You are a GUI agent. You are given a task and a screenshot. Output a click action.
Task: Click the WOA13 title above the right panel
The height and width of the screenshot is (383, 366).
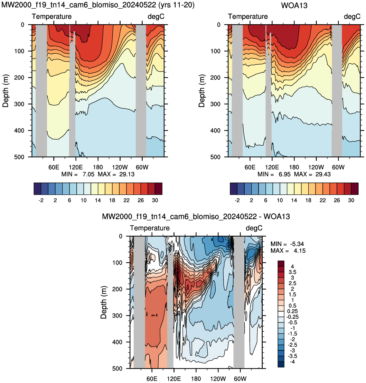[294, 5]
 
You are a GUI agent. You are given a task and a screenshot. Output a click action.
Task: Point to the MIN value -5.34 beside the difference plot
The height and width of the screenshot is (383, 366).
[297, 244]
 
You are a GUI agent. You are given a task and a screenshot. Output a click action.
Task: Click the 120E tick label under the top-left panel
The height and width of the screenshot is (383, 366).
[76, 167]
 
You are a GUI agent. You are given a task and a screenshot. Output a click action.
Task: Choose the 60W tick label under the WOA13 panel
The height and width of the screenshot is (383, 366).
[338, 167]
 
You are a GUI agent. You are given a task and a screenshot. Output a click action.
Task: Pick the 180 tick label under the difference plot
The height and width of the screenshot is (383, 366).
[196, 379]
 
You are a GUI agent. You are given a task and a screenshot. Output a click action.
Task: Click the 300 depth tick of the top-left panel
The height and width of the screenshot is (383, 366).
[19, 104]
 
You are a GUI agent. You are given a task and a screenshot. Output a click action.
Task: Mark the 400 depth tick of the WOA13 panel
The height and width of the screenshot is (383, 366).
[215, 130]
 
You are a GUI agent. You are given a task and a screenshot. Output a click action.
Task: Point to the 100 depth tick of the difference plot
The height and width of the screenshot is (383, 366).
[117, 263]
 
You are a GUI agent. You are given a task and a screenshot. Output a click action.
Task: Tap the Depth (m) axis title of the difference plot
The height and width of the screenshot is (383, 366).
[104, 302]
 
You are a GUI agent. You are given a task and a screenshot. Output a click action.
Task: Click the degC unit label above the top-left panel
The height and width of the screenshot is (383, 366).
[156, 17]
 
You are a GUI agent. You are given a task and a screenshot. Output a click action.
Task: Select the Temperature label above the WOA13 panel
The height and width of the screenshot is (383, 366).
[248, 16]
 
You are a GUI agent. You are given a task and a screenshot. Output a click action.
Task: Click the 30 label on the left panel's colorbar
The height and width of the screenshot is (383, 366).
[155, 200]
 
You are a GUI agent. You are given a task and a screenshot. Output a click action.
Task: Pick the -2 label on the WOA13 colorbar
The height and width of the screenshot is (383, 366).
[237, 200]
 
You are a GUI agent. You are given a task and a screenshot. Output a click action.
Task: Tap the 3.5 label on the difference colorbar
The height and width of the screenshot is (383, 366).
[292, 272]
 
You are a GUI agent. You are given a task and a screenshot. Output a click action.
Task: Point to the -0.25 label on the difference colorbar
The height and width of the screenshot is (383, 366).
[292, 317]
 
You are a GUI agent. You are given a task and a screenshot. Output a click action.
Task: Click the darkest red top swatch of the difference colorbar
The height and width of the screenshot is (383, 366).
[281, 264]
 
